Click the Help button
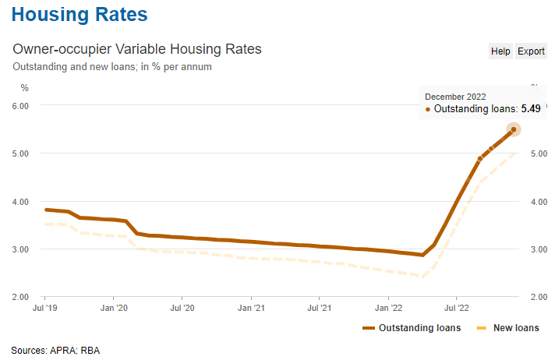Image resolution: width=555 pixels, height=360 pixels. pyautogui.click(x=500, y=51)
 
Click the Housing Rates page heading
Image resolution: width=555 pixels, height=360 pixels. pyautogui.click(x=80, y=15)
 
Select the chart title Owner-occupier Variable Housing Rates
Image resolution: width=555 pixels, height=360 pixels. pyautogui.click(x=137, y=49)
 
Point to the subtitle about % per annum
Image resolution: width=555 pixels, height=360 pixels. pyautogui.click(x=112, y=66)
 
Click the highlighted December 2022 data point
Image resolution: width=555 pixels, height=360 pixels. pyautogui.click(x=514, y=129)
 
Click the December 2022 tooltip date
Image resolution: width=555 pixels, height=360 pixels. pyautogui.click(x=455, y=96)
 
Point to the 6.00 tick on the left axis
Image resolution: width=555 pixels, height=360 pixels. pyautogui.click(x=19, y=105)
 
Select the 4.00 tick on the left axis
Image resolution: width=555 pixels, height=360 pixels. pyautogui.click(x=19, y=201)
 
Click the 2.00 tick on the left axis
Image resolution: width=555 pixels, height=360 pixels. pyautogui.click(x=19, y=297)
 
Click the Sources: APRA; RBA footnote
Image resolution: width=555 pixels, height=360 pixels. pyautogui.click(x=55, y=350)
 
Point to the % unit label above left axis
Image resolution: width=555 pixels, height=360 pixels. pyautogui.click(x=24, y=86)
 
